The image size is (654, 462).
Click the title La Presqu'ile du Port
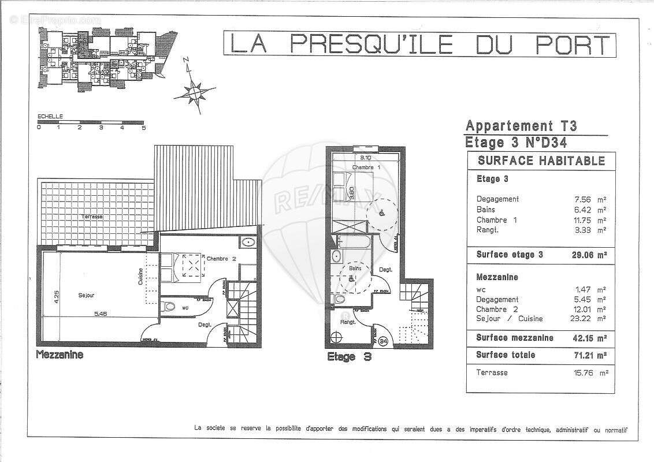click(419, 45)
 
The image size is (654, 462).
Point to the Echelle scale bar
click(91, 123)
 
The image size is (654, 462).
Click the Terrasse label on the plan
click(92, 216)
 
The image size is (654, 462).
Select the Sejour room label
click(87, 296)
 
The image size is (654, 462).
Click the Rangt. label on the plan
click(347, 322)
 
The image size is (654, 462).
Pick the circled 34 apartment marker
click(384, 342)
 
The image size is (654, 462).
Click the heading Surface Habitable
click(541, 161)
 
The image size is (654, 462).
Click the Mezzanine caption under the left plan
click(60, 355)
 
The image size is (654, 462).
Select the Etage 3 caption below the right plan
click(348, 357)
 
